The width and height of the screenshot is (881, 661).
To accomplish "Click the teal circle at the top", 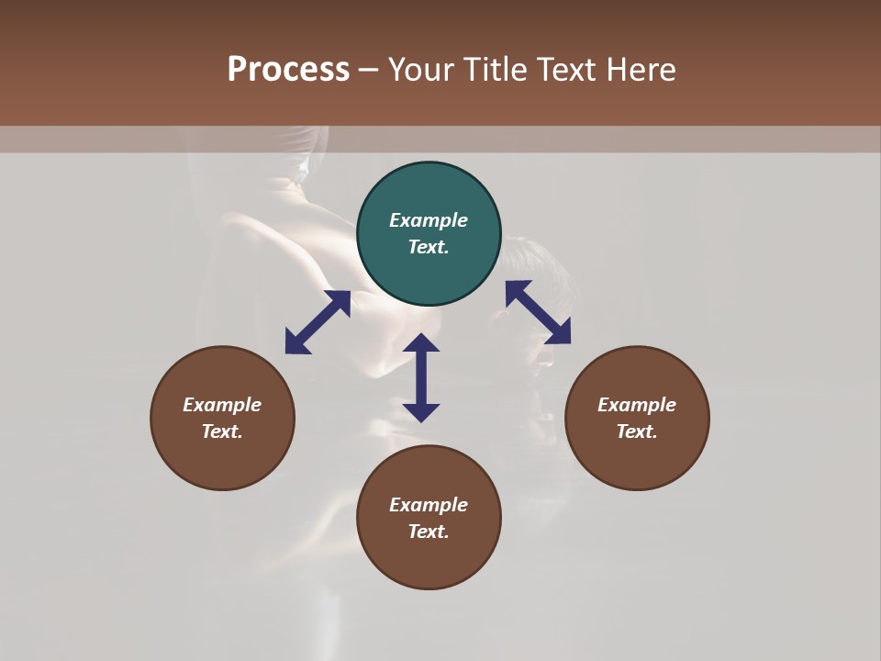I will pos(429,233).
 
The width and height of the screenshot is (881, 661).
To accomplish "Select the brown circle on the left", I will pos(222,418).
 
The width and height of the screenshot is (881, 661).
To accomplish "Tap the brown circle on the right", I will pos(637,418).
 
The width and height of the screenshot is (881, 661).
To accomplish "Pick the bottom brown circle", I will pos(429,518).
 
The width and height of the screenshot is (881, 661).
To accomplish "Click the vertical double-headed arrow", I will pos(421,377).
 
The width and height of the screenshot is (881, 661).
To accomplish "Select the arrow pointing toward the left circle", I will pos(318,322).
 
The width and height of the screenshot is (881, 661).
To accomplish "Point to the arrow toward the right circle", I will pos(538,312).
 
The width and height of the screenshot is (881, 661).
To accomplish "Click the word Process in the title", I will pos(288,69).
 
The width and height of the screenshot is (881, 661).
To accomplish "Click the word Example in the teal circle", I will pos(429,220).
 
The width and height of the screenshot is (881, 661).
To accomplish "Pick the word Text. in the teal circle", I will pos(429,247).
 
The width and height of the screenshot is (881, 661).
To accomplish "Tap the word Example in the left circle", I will pos(222,405).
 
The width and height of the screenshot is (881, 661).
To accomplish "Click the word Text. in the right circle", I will pos(637,431).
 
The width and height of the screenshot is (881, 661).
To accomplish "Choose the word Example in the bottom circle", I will pos(429,505).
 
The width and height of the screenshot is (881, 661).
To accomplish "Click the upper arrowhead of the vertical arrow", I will pos(421,343).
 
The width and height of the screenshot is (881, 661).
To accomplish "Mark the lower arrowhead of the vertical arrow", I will pos(421,411).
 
